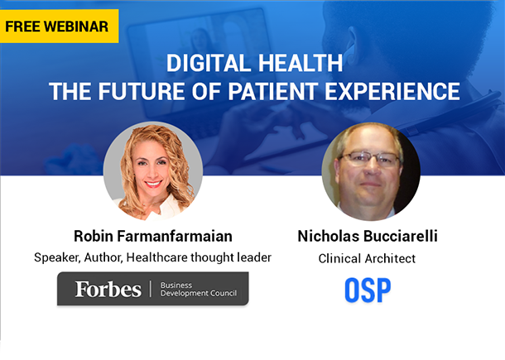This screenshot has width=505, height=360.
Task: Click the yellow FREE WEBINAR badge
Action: (x=59, y=26)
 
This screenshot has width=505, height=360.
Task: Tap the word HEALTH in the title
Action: (x=301, y=63)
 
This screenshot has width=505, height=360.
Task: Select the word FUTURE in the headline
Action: (x=142, y=92)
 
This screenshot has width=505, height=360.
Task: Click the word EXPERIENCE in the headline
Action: (x=392, y=92)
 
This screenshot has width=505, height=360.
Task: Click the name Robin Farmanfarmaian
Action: (x=153, y=236)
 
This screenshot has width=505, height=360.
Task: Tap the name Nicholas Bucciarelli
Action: (x=368, y=236)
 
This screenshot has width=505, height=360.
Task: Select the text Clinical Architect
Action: (x=367, y=258)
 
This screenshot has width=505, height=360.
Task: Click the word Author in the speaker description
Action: (x=103, y=257)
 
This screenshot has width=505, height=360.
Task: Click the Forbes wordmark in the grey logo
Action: (x=108, y=289)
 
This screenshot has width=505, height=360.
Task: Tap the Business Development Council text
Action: (x=199, y=289)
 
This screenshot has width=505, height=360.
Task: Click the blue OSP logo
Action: (x=368, y=290)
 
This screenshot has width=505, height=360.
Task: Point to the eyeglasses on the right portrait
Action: (x=370, y=159)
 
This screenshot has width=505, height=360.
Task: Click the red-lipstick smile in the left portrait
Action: (x=153, y=184)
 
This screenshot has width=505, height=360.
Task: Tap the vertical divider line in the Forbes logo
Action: (x=151, y=289)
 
